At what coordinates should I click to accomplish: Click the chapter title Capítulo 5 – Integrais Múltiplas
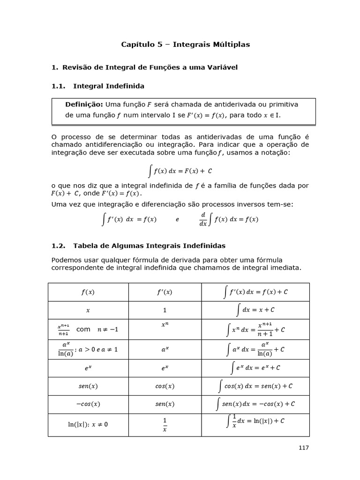tap(185, 45)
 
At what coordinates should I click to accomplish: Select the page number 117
tap(304, 448)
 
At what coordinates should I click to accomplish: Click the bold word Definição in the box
tap(84, 104)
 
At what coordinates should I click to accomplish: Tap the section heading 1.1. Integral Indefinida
tap(97, 86)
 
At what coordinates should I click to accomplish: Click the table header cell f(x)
tap(88, 292)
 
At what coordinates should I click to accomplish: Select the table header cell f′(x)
tap(165, 292)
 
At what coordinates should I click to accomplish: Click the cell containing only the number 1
tap(165, 310)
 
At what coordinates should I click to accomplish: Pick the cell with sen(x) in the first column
tap(88, 386)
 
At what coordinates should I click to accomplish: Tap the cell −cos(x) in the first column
tap(88, 404)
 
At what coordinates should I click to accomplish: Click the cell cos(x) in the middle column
tap(165, 386)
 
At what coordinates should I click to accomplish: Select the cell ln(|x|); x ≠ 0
tap(88, 425)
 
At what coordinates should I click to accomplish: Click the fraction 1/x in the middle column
tap(165, 425)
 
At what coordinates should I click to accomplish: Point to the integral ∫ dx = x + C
tap(255, 310)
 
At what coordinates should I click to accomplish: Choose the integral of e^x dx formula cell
tap(255, 368)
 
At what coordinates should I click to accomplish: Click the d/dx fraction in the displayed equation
tap(203, 219)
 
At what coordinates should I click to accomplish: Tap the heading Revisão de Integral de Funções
tap(150, 67)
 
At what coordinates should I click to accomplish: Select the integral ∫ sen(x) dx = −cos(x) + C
tap(255, 404)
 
